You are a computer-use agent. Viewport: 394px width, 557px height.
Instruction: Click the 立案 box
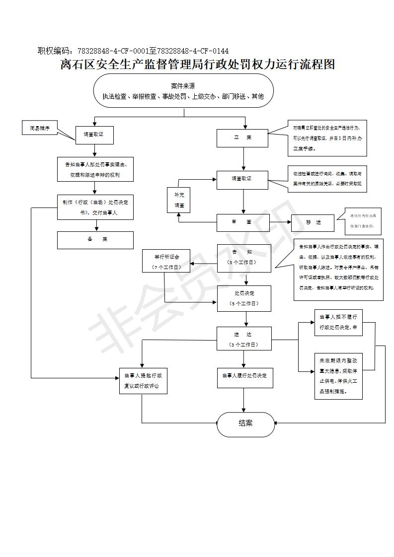[x=242, y=138]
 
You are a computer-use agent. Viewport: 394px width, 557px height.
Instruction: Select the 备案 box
[x=95, y=240]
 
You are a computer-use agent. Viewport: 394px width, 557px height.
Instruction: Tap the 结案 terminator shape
[x=245, y=424]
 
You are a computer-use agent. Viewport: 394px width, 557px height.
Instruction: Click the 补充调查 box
[x=179, y=200]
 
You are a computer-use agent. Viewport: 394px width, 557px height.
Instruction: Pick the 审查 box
[x=242, y=222]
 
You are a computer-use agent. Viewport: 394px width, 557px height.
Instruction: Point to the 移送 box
[x=314, y=222]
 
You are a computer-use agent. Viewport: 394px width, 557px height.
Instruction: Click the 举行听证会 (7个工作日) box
[x=167, y=262]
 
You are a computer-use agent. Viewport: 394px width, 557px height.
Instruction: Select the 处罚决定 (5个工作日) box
[x=244, y=298]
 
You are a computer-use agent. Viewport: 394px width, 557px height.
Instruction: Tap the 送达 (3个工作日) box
[x=243, y=339]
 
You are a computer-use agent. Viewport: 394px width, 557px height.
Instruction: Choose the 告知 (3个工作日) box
[x=244, y=257]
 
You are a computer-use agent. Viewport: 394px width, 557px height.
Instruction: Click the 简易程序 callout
[x=40, y=128]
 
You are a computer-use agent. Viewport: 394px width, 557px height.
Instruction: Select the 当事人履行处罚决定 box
[x=244, y=376]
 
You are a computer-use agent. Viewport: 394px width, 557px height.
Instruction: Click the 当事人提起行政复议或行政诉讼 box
[x=143, y=381]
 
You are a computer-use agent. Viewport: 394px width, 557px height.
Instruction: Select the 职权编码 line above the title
[x=133, y=51]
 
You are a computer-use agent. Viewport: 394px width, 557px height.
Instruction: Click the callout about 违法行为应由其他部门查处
[x=362, y=221]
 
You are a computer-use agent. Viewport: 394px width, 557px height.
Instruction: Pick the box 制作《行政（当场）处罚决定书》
[x=95, y=208]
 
